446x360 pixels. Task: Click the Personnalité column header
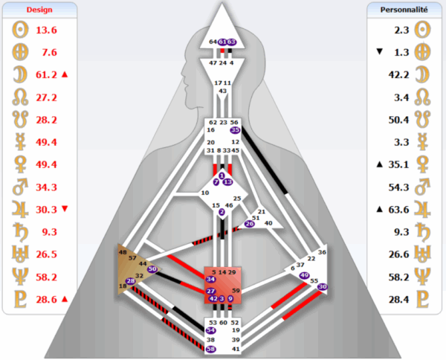404,10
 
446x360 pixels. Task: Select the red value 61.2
46,74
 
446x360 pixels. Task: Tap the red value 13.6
46,30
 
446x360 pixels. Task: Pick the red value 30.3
46,209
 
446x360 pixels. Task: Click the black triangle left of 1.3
380,52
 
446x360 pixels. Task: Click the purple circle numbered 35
236,129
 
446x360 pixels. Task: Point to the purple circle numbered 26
249,223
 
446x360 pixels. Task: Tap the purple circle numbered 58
211,349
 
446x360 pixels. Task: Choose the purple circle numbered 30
323,286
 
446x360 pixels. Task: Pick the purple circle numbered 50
152,269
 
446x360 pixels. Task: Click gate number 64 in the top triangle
213,42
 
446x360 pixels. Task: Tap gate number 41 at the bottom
236,349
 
